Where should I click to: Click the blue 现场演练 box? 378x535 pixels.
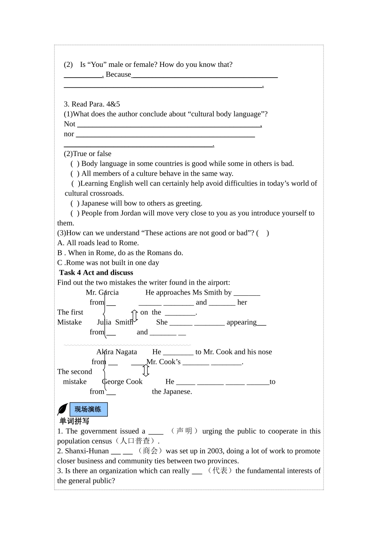[88, 409]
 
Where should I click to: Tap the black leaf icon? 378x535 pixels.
[62, 409]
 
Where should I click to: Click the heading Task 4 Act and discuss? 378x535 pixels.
[96, 273]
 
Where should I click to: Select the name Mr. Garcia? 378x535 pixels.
[102, 293]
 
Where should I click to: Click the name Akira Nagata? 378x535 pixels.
[117, 352]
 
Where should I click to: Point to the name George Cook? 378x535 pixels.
[122, 382]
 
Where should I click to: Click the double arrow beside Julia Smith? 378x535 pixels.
[134, 316]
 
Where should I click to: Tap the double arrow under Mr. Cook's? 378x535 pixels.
[146, 371]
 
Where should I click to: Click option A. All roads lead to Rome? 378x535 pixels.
[98, 243]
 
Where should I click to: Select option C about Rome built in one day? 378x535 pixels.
[108, 263]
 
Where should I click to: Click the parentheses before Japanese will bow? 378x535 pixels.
[75, 203]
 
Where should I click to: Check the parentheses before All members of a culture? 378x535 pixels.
[75, 174]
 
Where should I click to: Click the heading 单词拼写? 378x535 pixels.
[74, 421]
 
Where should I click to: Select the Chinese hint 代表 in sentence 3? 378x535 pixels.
[220, 471]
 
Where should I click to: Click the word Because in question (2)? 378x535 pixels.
[118, 74]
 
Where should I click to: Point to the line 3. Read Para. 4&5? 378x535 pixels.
[92, 104]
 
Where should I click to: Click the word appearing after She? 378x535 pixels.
[241, 322]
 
